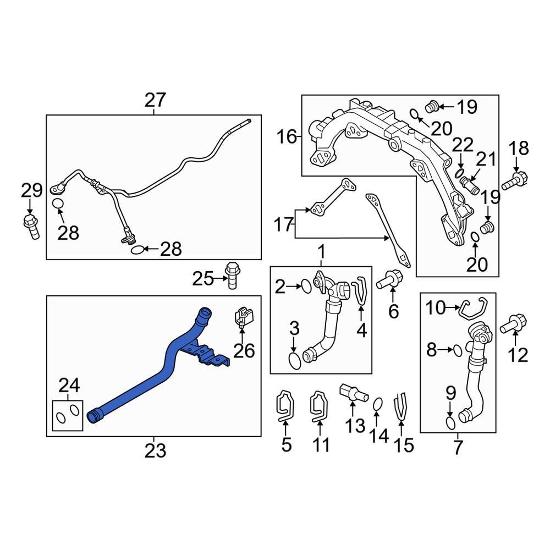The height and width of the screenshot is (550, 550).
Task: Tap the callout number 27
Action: pyautogui.click(x=155, y=101)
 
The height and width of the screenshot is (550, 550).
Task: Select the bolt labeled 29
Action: pyautogui.click(x=31, y=226)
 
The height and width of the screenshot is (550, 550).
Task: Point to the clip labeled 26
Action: pyautogui.click(x=244, y=317)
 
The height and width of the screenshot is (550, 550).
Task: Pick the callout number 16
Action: pyautogui.click(x=286, y=136)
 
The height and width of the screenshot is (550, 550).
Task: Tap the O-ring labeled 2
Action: pyautogui.click(x=305, y=285)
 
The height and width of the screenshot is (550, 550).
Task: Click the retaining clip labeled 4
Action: pyautogui.click(x=361, y=289)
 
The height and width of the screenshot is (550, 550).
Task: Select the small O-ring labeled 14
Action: pyautogui.click(x=377, y=404)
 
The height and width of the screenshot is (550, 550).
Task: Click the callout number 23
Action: pyautogui.click(x=155, y=451)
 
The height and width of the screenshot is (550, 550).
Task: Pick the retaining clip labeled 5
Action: pyautogui.click(x=285, y=408)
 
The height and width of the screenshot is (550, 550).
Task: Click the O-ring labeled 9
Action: pyautogui.click(x=450, y=422)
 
